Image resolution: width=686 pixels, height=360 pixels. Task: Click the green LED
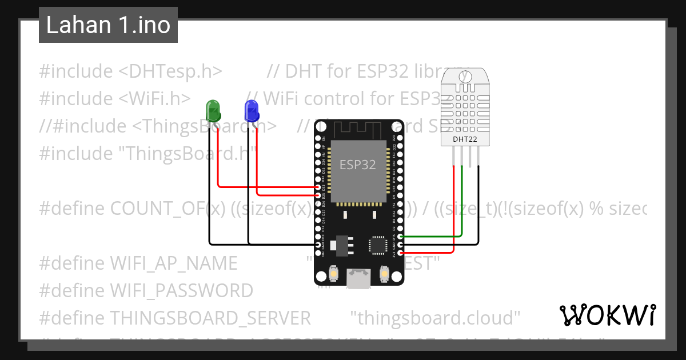213,110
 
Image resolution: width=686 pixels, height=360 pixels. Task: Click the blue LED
251,110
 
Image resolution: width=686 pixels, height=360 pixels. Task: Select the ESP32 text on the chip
358,165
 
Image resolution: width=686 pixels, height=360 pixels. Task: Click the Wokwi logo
607,315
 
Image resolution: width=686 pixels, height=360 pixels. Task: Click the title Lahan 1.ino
108,25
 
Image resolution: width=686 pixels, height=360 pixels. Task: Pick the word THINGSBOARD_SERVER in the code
210,317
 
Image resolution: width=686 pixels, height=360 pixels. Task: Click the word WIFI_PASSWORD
181,290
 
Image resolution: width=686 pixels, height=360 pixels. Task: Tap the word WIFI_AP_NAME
173,263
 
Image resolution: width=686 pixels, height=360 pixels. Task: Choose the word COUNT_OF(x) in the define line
167,209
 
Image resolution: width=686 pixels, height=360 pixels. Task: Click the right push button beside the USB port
384,276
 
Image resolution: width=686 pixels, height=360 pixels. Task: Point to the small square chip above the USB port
378,245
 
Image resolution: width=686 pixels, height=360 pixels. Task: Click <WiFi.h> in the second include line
155,99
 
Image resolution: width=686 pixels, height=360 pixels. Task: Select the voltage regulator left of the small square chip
344,244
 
